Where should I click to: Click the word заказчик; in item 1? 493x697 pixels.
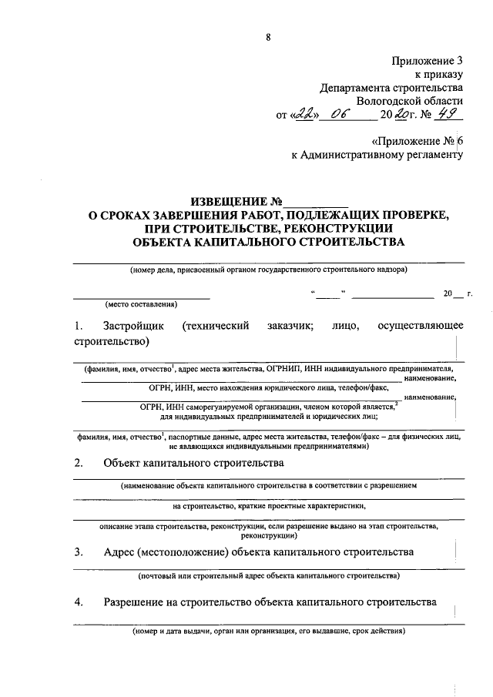(289, 326)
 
